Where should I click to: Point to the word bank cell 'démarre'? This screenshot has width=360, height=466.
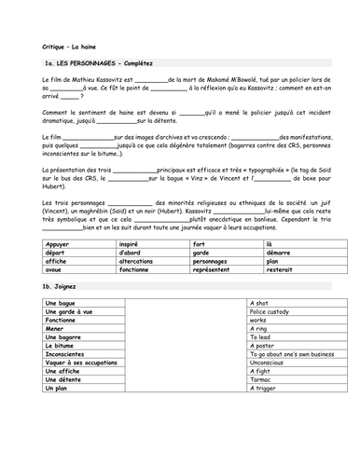tap(265, 253)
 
